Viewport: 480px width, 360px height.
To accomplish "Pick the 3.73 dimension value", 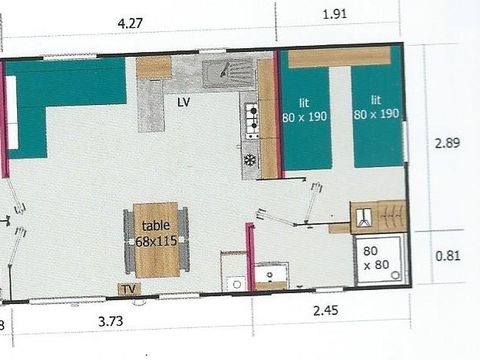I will coord(118,320).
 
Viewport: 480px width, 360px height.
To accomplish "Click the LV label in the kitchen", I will coord(185,101).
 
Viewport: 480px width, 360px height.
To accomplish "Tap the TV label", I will coord(128,289).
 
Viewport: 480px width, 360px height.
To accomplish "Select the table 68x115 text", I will coord(155,232).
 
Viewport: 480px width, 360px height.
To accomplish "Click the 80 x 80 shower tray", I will coord(378,258).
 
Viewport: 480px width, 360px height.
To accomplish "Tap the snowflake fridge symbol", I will coord(250,159).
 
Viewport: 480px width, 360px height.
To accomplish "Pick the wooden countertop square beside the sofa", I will coord(154,67).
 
